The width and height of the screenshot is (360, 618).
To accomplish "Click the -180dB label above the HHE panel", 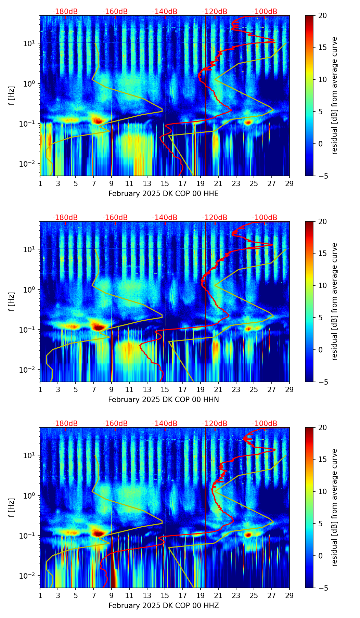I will click(x=65, y=12).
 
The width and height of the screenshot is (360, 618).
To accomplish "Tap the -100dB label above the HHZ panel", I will click(x=265, y=424).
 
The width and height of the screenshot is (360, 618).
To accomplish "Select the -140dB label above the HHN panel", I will click(x=165, y=218).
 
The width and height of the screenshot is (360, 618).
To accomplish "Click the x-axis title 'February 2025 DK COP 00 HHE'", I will click(x=163, y=194).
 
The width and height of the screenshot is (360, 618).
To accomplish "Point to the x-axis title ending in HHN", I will click(x=163, y=400).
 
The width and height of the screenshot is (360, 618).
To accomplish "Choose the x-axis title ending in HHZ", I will click(x=163, y=606).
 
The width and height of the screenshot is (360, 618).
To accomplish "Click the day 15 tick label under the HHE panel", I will click(x=165, y=183).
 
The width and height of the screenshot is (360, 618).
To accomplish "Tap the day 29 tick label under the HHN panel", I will click(x=289, y=389).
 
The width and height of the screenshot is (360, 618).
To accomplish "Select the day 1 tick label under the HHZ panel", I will click(x=40, y=595).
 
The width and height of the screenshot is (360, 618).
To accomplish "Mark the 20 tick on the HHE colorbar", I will click(x=322, y=15).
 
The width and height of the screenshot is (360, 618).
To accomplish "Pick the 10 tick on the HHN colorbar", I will click(x=322, y=285).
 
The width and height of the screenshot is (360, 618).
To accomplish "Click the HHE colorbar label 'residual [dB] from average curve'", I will click(x=335, y=95).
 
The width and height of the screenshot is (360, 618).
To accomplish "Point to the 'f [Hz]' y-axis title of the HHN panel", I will click(x=12, y=301).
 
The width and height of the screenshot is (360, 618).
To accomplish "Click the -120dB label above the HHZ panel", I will click(x=215, y=424).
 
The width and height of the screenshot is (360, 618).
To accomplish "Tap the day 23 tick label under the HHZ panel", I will click(x=236, y=595).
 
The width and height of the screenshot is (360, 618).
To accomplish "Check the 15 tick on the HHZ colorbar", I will click(x=322, y=459).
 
